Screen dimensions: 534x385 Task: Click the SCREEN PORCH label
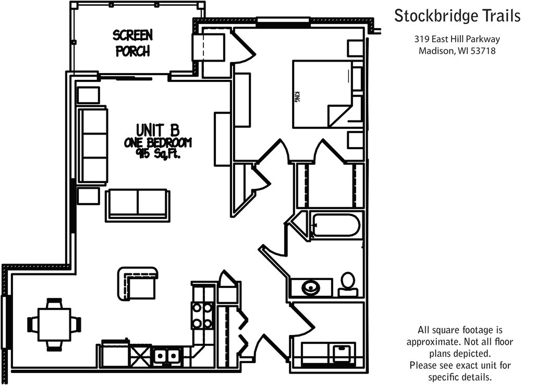coord(132,43)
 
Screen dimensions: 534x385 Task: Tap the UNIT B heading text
coord(157,130)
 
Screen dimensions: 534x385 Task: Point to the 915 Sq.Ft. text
coord(157,154)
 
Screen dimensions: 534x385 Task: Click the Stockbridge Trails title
coord(457,16)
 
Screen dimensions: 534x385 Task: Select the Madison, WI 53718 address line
coord(457,51)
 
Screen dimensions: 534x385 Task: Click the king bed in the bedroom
coord(322,94)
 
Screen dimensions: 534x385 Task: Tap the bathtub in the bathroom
coord(335,225)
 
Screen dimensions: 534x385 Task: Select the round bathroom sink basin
coord(310,287)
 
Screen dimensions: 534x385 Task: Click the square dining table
coord(54,324)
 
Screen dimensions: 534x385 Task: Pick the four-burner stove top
coord(202,316)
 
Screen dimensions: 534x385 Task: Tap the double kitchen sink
coord(166,356)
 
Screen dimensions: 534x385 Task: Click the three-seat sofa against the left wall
coord(93,146)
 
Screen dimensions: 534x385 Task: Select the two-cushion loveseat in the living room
coord(138,206)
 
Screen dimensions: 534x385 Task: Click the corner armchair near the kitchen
coord(138,283)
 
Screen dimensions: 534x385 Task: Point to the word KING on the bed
coord(297,97)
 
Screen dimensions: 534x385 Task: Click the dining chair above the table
coord(54,303)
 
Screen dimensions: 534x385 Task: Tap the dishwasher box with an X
coord(140,356)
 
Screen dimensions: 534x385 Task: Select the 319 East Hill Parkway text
coord(457,39)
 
